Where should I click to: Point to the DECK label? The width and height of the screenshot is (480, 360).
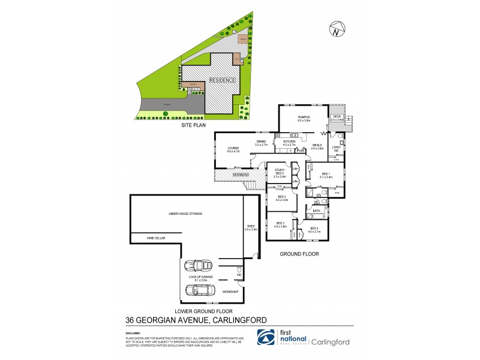[337, 116]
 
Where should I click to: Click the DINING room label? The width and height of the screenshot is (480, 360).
[260, 142]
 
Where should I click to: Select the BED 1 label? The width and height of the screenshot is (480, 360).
[325, 174]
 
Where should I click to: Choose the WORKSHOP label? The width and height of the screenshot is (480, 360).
[230, 292]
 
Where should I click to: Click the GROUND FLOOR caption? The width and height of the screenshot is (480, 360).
[299, 254]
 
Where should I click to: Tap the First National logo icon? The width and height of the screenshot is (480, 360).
[266, 337]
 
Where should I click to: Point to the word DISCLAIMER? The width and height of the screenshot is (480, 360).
[133, 331]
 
